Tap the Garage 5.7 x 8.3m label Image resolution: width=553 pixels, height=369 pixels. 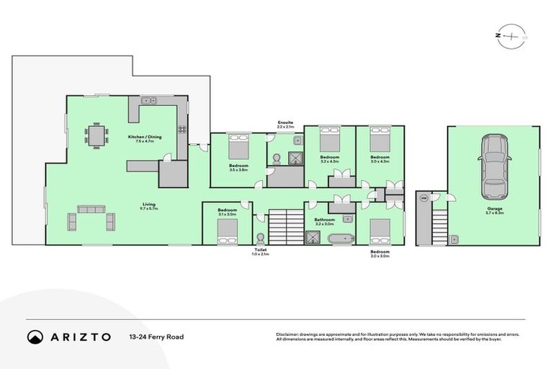coord(495,210)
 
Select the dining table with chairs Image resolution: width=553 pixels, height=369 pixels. coord(96,135)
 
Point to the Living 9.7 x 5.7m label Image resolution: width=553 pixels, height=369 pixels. coord(149,206)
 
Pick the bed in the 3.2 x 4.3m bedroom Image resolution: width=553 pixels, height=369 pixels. coord(329,138)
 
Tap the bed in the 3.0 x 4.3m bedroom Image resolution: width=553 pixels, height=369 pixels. coord(379,138)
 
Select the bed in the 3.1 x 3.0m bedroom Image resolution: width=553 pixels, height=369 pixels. coord(228,231)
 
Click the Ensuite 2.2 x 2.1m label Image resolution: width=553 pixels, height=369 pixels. coord(285,125)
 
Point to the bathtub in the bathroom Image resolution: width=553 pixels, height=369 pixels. coord(339,237)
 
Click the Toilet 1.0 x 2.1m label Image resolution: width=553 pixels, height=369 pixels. coord(260,252)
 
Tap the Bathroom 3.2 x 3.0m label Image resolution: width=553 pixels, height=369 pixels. coord(325,221)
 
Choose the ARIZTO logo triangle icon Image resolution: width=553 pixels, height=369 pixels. coord(35,337)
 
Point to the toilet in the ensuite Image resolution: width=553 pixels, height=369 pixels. coord(277,158)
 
